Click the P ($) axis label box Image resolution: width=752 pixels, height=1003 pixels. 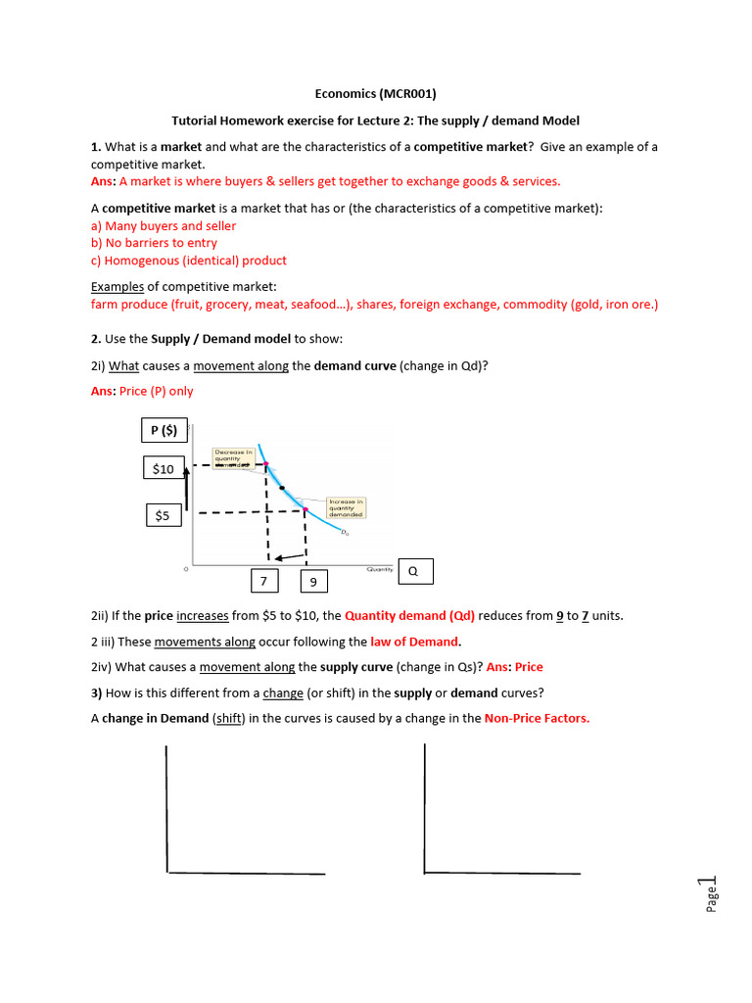click(163, 430)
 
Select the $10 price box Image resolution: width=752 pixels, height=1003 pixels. click(163, 469)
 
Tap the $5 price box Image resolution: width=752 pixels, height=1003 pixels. click(163, 514)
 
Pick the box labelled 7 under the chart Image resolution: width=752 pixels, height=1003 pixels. click(263, 582)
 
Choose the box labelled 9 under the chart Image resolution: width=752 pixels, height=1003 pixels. click(313, 582)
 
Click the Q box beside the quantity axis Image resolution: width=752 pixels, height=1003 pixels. click(415, 572)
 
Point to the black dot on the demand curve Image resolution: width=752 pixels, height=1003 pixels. click(282, 487)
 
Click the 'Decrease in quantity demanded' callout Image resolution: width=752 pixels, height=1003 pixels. click(234, 457)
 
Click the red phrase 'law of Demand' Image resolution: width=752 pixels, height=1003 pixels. click(414, 642)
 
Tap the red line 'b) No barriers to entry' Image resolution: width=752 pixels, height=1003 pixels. click(154, 243)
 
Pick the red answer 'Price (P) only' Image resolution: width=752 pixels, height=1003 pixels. click(157, 391)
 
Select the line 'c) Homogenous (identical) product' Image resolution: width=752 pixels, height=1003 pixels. click(189, 261)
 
